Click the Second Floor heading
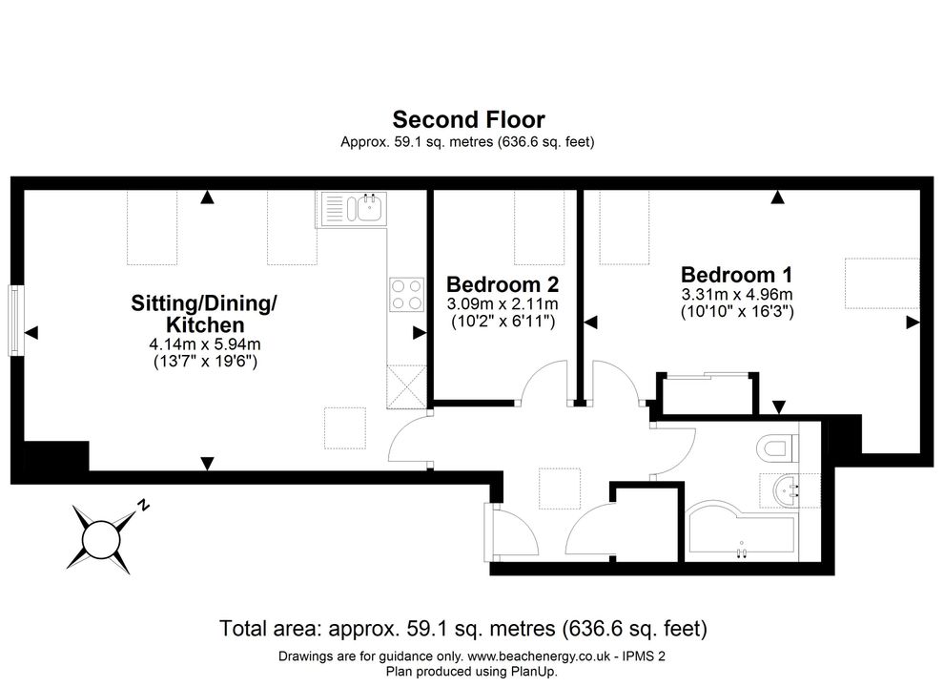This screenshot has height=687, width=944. [x=468, y=119]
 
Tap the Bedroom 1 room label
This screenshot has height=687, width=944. [x=736, y=275]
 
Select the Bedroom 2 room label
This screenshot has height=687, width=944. [x=503, y=283]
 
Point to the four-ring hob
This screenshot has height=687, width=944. [x=406, y=294]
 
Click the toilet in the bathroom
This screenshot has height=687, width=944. [x=777, y=448]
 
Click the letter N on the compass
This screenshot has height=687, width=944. [x=143, y=505]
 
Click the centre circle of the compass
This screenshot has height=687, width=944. [x=100, y=539]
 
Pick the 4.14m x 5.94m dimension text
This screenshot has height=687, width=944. [x=205, y=344]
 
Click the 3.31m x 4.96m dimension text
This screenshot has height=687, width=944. [x=737, y=295]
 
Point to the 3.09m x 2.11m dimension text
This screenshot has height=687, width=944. [x=503, y=303]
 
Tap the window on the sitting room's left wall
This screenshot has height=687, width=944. [x=14, y=321]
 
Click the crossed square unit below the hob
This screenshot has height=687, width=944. [x=406, y=386]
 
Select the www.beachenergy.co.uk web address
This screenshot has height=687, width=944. [x=538, y=656]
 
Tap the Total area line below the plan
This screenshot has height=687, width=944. [x=463, y=629]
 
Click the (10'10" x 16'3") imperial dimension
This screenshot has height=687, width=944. [x=737, y=312]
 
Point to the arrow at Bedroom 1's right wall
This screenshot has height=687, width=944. [x=913, y=323]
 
